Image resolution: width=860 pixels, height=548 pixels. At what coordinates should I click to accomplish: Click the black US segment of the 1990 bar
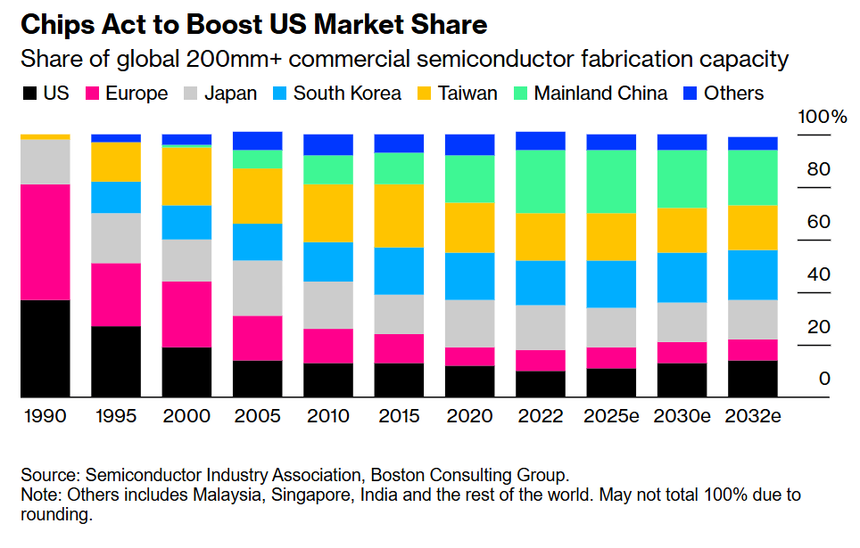click(45, 348)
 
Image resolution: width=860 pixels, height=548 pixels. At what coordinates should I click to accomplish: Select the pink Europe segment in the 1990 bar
click(45, 242)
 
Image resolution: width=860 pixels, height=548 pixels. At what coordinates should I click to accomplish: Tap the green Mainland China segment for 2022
click(541, 182)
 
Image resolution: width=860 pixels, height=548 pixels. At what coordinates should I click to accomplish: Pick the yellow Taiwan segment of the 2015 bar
click(399, 216)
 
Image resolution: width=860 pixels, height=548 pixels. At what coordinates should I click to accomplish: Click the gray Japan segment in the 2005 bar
click(258, 288)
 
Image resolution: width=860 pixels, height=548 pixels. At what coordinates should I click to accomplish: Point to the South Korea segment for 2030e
click(682, 277)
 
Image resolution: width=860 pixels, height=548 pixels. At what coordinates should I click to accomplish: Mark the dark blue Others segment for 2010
click(328, 144)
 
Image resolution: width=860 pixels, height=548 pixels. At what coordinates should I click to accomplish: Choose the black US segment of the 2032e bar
click(753, 379)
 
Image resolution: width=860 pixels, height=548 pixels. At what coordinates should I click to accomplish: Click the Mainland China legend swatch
click(518, 93)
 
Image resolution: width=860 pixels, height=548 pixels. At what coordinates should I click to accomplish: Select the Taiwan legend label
click(467, 93)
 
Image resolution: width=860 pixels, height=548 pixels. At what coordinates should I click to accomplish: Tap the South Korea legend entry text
click(347, 93)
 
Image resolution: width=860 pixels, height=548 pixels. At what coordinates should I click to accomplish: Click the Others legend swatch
click(689, 93)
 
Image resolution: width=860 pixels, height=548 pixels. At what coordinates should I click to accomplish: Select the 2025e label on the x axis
click(611, 416)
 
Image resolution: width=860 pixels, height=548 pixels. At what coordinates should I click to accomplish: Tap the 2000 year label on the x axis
click(186, 416)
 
